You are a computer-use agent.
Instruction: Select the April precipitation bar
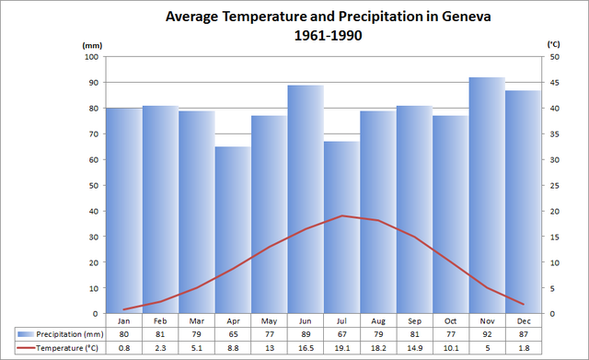pyautogui.click(x=233, y=230)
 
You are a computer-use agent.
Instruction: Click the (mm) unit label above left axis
pyautogui.click(x=92, y=44)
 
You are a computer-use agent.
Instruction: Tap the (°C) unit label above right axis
pyautogui.click(x=553, y=44)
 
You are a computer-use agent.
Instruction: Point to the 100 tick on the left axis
pyautogui.click(x=92, y=57)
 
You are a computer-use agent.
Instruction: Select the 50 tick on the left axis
pyautogui.click(x=94, y=185)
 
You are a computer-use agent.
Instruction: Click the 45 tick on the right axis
pyautogui.click(x=552, y=83)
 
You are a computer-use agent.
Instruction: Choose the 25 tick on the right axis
pyautogui.click(x=552, y=185)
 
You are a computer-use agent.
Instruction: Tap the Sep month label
pyautogui.click(x=414, y=321)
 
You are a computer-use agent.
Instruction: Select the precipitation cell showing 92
pyautogui.click(x=487, y=334)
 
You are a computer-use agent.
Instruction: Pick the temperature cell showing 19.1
pyautogui.click(x=341, y=347)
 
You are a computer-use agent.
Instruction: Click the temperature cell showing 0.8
pyautogui.click(x=123, y=347)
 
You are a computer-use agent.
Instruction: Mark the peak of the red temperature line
pyautogui.click(x=342, y=215)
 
